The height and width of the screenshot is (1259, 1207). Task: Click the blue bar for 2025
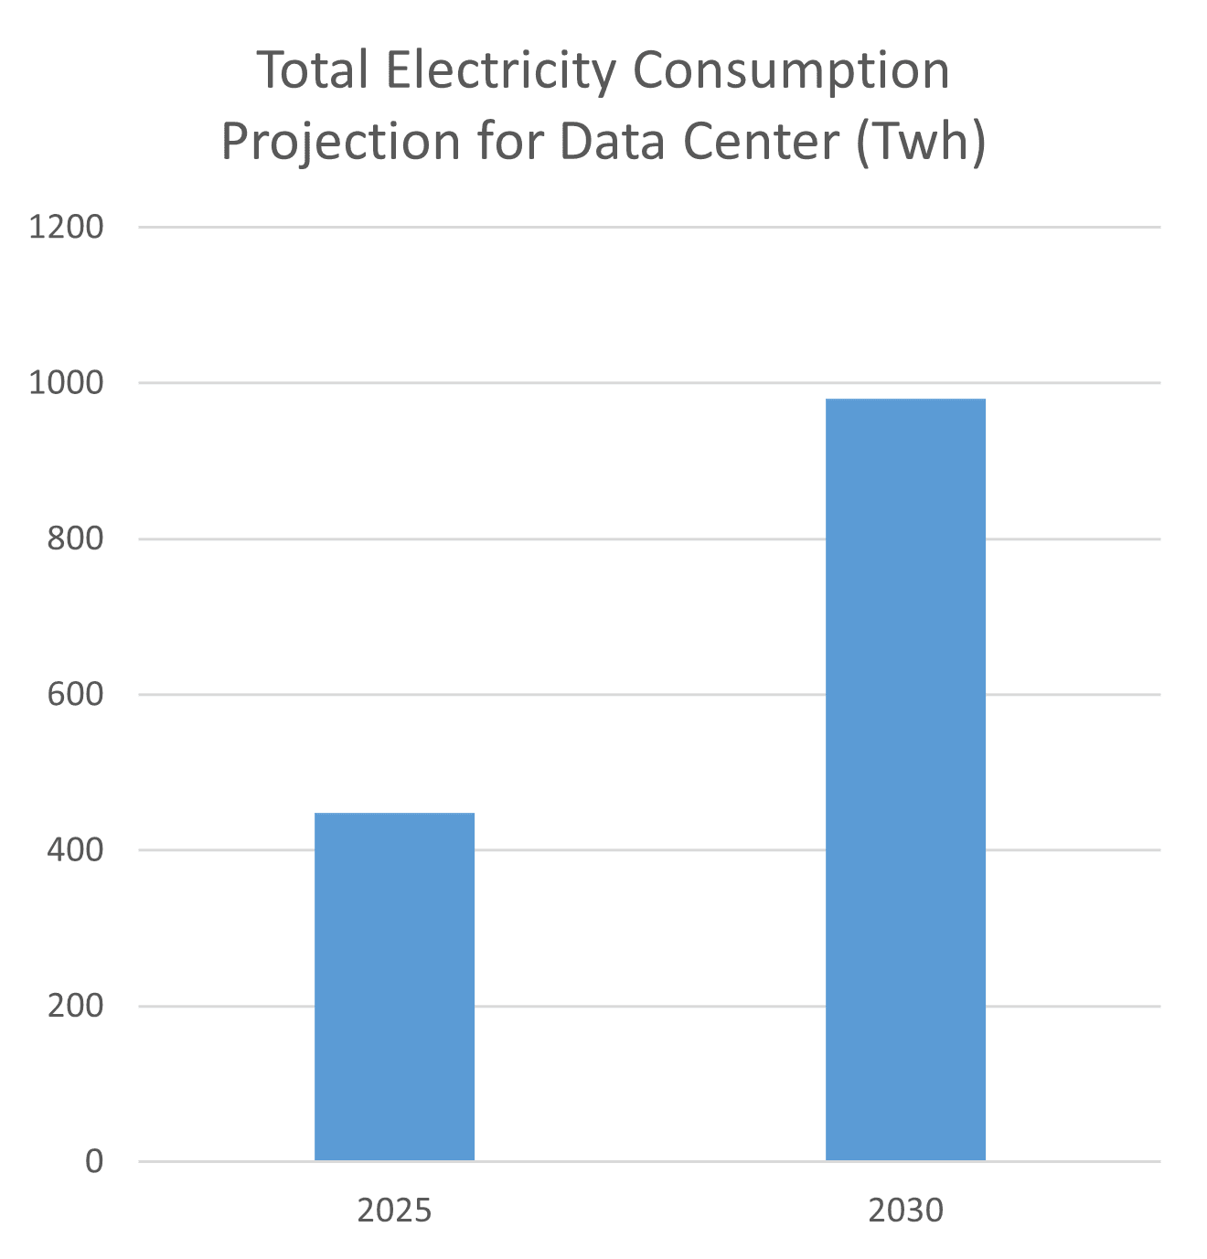[394, 987]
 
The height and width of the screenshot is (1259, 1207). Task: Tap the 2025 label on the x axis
[394, 1211]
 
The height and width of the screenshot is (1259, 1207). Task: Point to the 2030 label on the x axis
[905, 1211]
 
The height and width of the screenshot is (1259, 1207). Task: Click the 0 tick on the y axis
[94, 1162]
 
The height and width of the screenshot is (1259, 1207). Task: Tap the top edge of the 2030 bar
[905, 400]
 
